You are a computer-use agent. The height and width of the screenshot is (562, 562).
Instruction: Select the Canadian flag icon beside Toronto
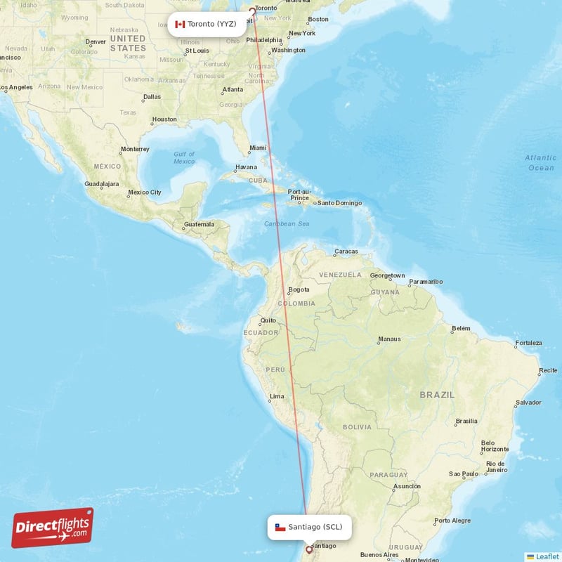(180, 24)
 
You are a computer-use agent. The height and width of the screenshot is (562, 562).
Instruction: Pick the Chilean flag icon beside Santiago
(280, 527)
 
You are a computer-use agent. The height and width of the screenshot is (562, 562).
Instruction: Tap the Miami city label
(259, 148)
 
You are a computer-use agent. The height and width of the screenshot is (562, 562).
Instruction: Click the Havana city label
(246, 167)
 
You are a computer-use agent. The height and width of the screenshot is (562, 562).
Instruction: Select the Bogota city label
(299, 289)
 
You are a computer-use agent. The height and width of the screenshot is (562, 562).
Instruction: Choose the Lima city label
(277, 396)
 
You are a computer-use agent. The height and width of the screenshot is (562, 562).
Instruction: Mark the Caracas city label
(346, 251)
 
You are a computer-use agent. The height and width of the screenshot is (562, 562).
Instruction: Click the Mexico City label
(145, 192)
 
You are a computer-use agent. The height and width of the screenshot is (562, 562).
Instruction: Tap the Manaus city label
(389, 339)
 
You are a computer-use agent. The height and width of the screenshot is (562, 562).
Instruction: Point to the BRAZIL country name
(437, 395)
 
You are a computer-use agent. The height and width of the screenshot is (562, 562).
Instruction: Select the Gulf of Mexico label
(184, 157)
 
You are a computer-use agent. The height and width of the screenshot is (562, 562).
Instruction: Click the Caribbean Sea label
(287, 223)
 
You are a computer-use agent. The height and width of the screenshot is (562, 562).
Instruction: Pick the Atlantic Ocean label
(540, 162)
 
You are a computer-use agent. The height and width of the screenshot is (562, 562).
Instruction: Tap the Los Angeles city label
(17, 87)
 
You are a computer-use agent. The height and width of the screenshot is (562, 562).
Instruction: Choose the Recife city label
(548, 370)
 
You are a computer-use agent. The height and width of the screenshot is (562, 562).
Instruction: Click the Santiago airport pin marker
(308, 549)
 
